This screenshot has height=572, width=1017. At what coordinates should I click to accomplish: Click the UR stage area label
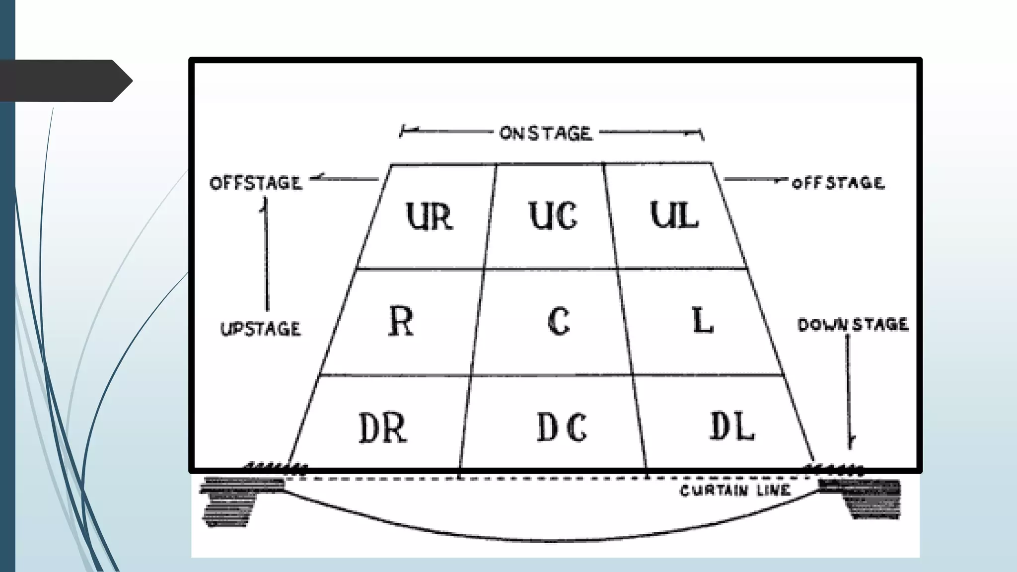click(430, 216)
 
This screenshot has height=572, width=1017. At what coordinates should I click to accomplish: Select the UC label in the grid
click(553, 216)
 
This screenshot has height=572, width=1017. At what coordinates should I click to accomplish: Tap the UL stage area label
click(675, 216)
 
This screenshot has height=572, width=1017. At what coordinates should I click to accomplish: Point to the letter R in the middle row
click(401, 321)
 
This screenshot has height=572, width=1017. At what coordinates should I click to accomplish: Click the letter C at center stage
click(559, 321)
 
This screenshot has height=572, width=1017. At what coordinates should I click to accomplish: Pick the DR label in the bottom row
click(383, 428)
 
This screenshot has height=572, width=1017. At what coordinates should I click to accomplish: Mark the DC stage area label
click(562, 427)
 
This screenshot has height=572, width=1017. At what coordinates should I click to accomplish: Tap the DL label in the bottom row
click(732, 427)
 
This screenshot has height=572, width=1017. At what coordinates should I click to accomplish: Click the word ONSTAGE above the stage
click(546, 133)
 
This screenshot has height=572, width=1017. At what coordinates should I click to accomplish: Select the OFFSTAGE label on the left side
click(256, 183)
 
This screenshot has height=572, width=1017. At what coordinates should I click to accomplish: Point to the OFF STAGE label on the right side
click(838, 183)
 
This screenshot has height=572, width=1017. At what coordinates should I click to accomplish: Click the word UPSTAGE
click(261, 329)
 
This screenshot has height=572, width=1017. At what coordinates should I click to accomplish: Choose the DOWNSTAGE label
click(853, 325)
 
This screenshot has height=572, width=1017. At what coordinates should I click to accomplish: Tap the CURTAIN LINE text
click(734, 491)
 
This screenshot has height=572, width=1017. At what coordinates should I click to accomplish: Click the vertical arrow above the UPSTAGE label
click(267, 253)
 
